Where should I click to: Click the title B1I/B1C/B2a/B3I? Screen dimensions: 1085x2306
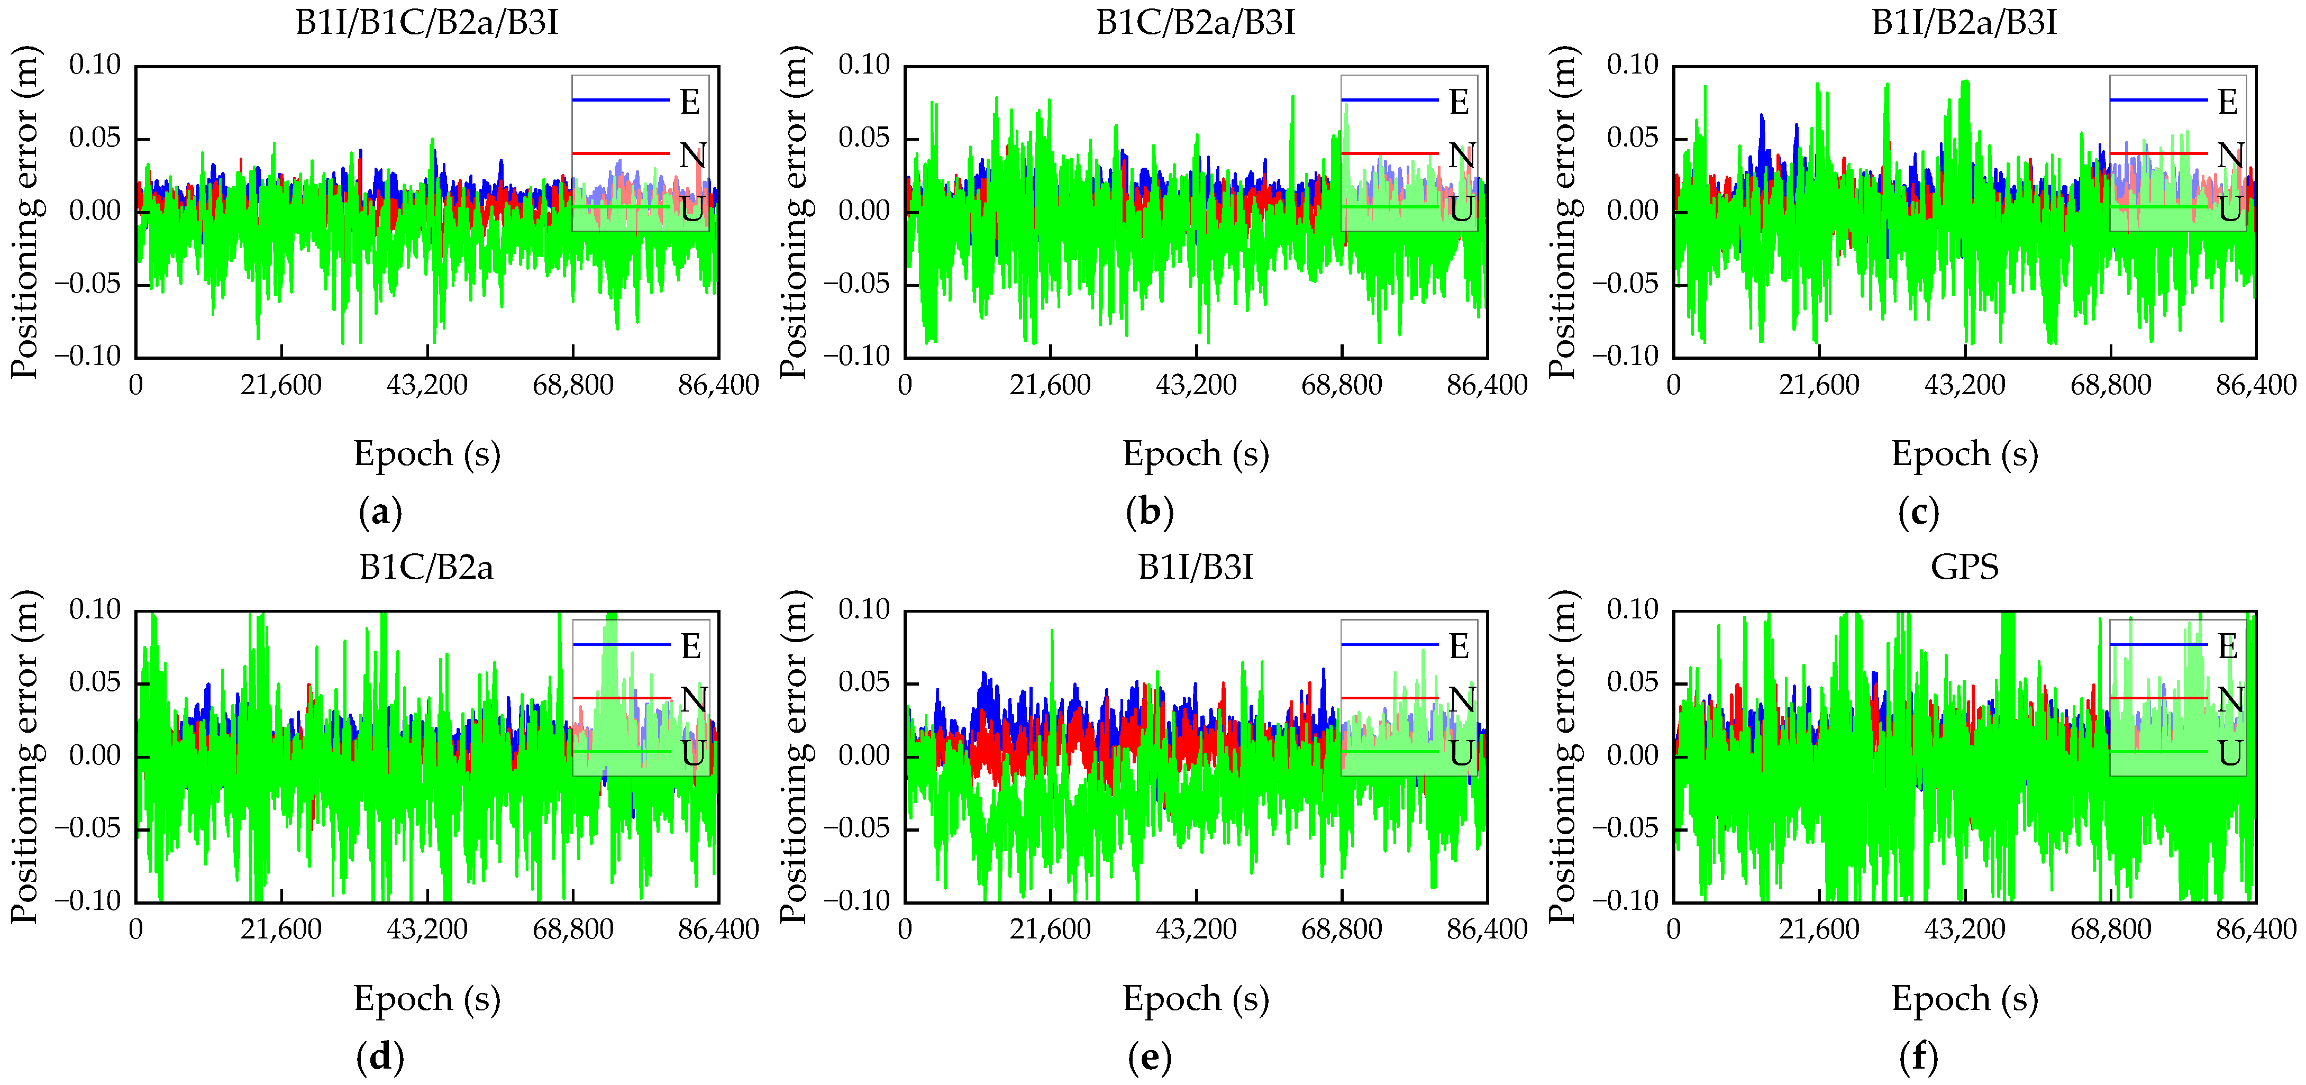pyautogui.click(x=427, y=22)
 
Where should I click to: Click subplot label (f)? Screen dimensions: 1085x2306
pyautogui.click(x=1918, y=1057)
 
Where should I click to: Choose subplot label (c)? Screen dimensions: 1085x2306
pyautogui.click(x=1918, y=513)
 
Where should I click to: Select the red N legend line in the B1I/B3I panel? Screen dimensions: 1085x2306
pyautogui.click(x=1389, y=697)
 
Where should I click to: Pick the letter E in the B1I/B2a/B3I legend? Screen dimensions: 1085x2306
pyautogui.click(x=2228, y=102)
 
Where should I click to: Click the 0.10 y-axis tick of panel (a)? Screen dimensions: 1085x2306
pyautogui.click(x=95, y=66)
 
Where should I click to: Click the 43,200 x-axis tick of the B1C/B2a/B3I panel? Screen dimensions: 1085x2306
pyautogui.click(x=1196, y=386)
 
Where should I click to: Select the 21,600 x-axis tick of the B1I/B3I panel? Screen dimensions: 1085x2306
pyautogui.click(x=1050, y=930)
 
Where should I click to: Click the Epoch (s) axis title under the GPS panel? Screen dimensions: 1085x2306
pyautogui.click(x=1964, y=998)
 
